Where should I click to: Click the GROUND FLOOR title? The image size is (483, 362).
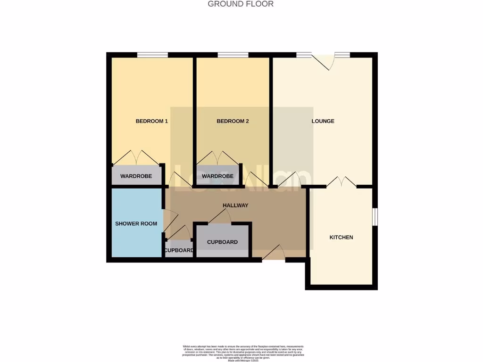pos(241,4)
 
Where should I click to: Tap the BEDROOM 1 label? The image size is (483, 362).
pos(152,121)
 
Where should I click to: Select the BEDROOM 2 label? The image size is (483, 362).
pos(233,121)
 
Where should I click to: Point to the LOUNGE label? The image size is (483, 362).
pos(323,121)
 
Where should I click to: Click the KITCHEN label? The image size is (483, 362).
pos(341,237)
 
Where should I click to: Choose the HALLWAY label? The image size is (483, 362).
pos(235,206)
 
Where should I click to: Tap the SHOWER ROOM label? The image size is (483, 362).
pos(136,223)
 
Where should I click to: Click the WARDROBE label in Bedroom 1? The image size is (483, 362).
pos(136,176)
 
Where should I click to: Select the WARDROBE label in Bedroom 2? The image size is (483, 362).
pos(217,176)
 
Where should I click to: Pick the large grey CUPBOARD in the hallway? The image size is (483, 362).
pos(223,242)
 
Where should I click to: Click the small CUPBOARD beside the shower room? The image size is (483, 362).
pos(179,250)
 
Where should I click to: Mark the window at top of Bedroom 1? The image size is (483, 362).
pos(152,55)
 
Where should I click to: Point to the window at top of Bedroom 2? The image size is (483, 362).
pos(233,55)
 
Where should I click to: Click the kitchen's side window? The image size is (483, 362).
pos(375,217)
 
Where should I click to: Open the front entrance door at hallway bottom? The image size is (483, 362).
pos(274,253)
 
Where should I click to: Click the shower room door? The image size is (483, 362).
pos(171,220)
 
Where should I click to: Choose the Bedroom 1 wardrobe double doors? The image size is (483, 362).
pos(136,157)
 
